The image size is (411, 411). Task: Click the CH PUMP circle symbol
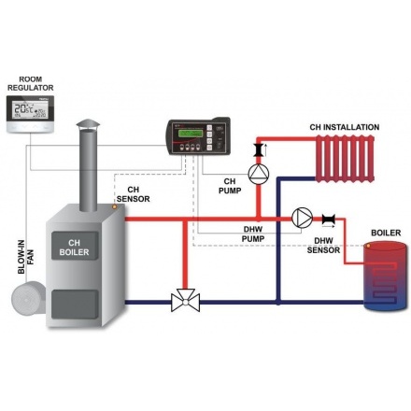[259, 173]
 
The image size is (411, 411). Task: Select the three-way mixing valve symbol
[183, 302]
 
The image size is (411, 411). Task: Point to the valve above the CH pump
[259, 147]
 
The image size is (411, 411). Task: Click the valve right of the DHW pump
[329, 220]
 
